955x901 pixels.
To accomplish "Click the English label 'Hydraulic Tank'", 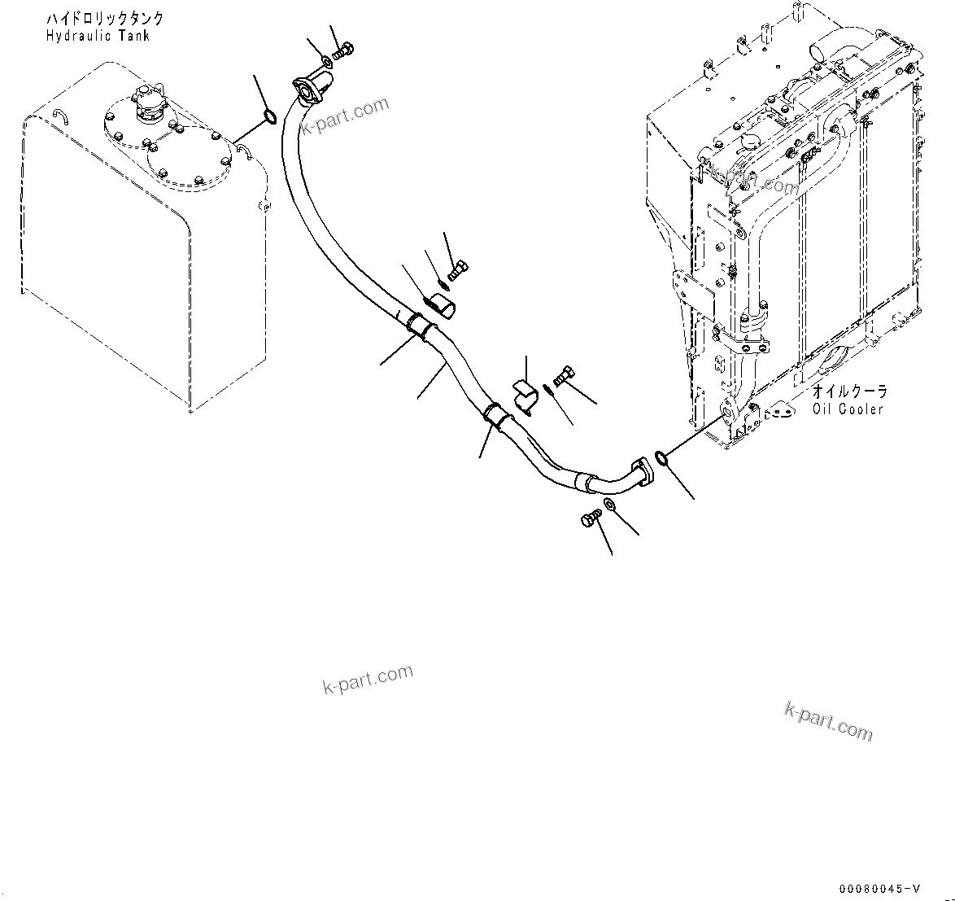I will tap(98, 36).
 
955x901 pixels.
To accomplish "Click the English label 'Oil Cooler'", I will tap(848, 409).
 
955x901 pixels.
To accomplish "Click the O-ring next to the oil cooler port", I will tap(661, 461).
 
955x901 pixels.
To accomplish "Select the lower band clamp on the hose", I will tap(495, 414).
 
